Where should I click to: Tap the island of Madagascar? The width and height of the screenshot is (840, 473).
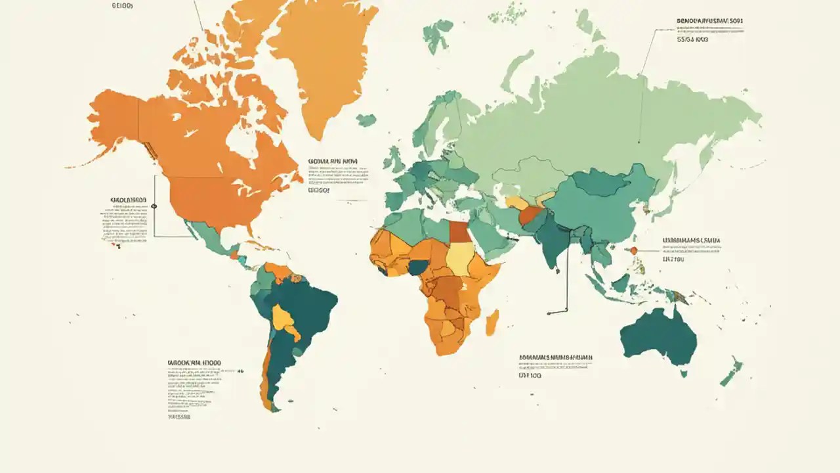492,322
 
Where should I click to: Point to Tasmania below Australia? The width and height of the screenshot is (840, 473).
683,373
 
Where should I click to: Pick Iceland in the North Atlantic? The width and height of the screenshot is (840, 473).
366,120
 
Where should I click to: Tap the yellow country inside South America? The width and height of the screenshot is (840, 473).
283,319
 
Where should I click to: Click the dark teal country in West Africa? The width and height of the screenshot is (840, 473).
417,267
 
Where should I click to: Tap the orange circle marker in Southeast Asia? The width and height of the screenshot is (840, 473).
634,250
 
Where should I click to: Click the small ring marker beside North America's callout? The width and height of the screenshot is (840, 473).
154,206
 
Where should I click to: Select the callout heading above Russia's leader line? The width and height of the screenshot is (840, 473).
711,21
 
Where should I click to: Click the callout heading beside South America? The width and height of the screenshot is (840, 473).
193,362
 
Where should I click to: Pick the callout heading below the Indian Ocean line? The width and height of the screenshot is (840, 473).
555,358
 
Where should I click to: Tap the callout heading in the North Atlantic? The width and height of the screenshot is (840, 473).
333,160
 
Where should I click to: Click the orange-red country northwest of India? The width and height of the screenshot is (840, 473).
530,215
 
